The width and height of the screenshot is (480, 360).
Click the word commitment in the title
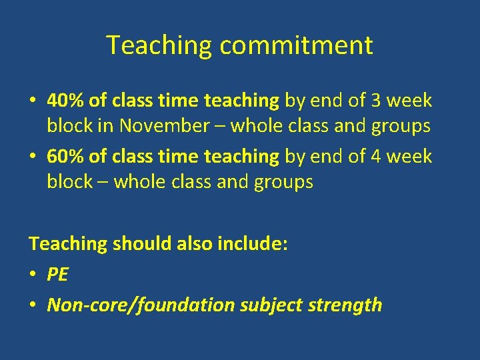296,46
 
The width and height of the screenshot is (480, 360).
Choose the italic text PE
58,274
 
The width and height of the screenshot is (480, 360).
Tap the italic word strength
345,305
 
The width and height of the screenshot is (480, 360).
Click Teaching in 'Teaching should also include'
67,243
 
